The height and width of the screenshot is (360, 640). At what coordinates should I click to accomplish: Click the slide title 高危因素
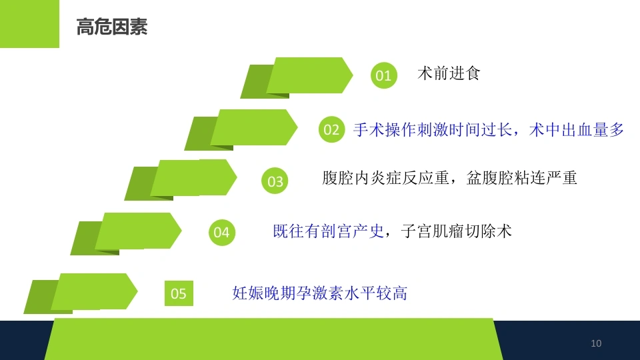coord(112,27)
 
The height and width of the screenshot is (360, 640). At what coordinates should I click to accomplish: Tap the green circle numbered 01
coord(384,75)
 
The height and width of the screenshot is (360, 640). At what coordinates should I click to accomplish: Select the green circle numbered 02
coord(331,129)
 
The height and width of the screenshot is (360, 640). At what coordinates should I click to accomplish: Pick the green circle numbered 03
coord(275,181)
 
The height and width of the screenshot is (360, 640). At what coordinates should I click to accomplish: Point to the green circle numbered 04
coord(221,232)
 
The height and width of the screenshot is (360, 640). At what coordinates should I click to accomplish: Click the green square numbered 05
coord(179,293)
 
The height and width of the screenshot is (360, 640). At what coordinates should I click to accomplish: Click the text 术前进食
coord(449,73)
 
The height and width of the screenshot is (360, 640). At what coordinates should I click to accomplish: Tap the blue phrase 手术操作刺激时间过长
coord(433,130)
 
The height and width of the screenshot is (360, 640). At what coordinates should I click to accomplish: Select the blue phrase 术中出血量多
coord(576,130)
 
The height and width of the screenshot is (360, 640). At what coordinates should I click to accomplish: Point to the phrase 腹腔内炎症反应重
coord(386,178)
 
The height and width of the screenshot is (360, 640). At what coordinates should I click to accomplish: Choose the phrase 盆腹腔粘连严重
coord(521,178)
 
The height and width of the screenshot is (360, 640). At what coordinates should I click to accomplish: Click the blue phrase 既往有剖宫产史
coord(329,231)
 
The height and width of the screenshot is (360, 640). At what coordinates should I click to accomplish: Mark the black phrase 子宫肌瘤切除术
coord(456,231)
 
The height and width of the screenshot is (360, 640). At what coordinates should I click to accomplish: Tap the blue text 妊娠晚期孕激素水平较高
coord(319,293)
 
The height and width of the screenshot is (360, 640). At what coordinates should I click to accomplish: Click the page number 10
coord(596,343)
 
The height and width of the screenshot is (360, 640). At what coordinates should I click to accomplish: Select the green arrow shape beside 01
coord(297,77)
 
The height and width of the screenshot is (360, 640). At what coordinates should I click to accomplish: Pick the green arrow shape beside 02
coord(241,129)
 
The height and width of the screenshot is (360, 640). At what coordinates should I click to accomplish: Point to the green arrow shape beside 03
coord(181,179)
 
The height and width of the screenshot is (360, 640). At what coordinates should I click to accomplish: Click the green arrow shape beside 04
coord(126,233)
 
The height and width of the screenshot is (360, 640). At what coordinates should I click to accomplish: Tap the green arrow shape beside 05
coord(81,293)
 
